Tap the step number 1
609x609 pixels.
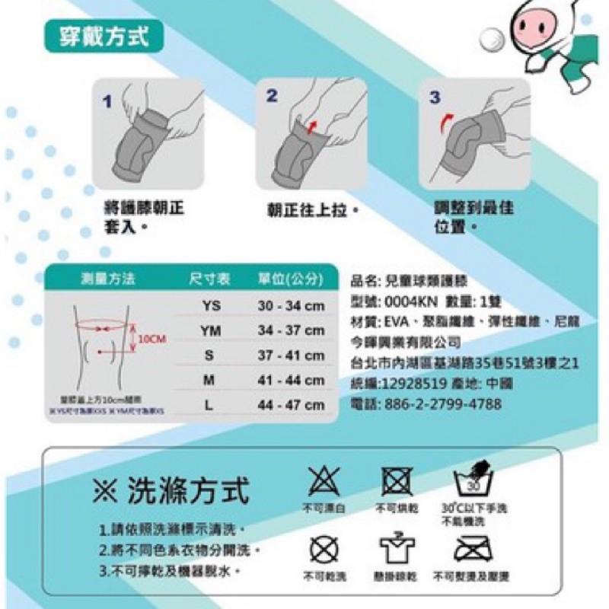point(107,100)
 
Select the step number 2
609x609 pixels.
point(272,97)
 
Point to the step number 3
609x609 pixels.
point(434,97)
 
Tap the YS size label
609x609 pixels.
point(211,306)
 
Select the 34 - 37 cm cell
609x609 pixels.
point(291,331)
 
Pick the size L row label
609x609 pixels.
point(209,406)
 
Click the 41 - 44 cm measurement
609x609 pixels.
point(291,381)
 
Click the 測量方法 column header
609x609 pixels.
point(109,279)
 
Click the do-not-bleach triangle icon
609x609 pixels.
point(324,482)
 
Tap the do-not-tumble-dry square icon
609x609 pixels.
point(396,481)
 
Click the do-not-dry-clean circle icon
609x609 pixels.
point(324,548)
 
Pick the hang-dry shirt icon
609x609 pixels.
point(396,548)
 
